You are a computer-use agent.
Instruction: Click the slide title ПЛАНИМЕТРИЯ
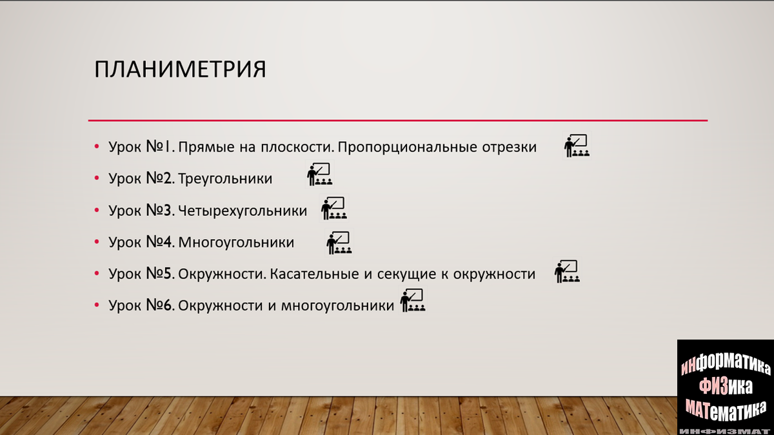(180, 70)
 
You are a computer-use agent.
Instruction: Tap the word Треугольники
(225, 179)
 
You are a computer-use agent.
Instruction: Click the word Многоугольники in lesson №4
(236, 242)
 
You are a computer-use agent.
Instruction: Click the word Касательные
(314, 274)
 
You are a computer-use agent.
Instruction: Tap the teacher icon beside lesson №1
(577, 146)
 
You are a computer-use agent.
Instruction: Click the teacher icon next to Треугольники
(319, 175)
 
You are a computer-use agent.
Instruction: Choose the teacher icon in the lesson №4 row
(339, 243)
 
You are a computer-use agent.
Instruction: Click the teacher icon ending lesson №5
(567, 272)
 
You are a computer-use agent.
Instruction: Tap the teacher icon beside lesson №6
(413, 301)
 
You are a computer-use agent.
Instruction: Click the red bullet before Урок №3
(96, 211)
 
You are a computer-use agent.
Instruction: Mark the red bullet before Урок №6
(96, 305)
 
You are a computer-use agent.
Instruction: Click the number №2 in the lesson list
(161, 179)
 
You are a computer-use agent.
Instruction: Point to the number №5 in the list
(161, 274)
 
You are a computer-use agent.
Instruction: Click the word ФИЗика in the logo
(726, 386)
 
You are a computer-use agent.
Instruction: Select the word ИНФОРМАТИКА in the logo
(726, 366)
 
